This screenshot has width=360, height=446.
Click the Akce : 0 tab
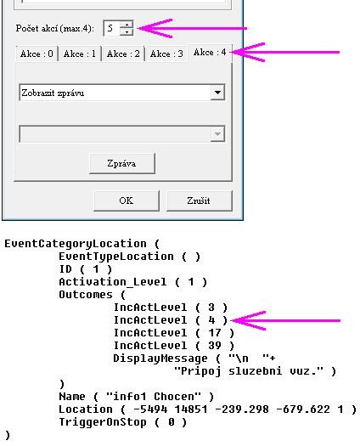[x=37, y=54]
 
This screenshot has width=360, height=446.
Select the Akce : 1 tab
[x=80, y=54]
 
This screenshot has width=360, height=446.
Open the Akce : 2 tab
[x=123, y=54]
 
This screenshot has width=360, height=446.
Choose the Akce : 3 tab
[x=166, y=54]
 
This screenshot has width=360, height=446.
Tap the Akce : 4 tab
[x=210, y=53]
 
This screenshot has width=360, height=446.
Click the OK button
[x=127, y=200]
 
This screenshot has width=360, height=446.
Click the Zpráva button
[x=122, y=164]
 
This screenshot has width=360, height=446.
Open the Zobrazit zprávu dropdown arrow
[x=217, y=93]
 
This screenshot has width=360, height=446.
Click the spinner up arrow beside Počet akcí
[x=127, y=25]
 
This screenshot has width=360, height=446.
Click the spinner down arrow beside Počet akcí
[x=127, y=31]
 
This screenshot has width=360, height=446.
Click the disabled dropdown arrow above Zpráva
[x=217, y=134]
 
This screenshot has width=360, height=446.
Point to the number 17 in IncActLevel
[x=215, y=333]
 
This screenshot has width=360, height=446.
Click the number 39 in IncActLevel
[x=215, y=346]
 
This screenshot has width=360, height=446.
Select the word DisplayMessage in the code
[x=160, y=358]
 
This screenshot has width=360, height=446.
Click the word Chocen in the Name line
[x=177, y=397]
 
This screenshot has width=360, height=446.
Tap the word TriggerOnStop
[x=103, y=422]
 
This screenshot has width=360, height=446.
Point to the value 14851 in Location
[x=191, y=409]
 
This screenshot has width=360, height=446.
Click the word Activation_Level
[x=113, y=282]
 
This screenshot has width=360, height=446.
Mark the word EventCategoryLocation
[x=76, y=244]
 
